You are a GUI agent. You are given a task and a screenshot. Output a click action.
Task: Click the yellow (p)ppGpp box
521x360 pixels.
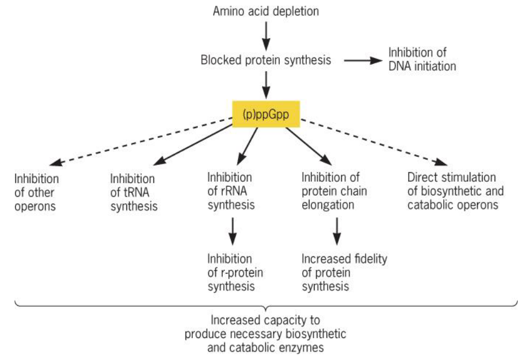tap(266, 115)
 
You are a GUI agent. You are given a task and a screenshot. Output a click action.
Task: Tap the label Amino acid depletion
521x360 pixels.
tap(266, 11)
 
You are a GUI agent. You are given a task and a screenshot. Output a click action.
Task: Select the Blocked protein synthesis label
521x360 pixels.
tap(266, 60)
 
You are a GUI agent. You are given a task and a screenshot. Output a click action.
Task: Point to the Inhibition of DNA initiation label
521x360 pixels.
tap(422, 59)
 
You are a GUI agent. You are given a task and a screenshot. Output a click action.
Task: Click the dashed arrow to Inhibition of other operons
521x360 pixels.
tap(141, 141)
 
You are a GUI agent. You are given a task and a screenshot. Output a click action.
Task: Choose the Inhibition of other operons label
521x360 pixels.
tap(36, 192)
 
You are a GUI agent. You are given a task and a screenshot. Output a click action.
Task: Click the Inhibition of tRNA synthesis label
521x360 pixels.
tap(134, 192)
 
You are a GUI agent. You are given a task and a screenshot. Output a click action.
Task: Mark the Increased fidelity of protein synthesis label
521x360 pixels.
tap(344, 273)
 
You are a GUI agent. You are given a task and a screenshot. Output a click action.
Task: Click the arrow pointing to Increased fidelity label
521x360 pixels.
tap(337, 231)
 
